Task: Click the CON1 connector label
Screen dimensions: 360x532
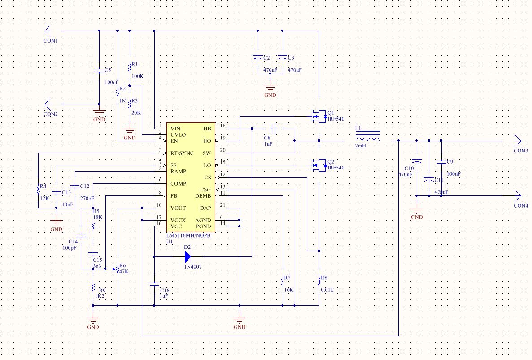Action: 51,41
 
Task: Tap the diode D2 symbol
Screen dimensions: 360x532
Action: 187,257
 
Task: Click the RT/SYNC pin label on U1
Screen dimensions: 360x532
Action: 182,153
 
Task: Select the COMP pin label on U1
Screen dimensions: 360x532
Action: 179,184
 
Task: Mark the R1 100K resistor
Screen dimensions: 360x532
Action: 130,67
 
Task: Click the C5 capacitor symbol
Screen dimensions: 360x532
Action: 99,70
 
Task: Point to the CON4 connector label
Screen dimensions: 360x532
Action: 521,206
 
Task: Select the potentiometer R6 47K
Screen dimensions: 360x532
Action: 118,269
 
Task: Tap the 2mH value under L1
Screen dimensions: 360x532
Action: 360,146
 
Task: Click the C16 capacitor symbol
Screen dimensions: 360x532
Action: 154,284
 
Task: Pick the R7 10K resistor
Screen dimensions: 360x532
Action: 283,281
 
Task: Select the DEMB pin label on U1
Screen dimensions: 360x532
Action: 203,196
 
